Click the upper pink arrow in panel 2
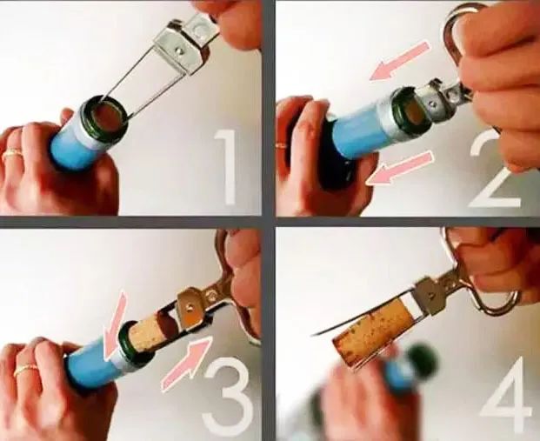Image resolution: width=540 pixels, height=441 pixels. (x=399, y=61)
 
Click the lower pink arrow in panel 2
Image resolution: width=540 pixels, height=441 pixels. (x=399, y=168)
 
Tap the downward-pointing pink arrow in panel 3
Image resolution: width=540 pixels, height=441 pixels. (x=117, y=326)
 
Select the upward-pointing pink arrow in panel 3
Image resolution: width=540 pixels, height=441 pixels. (x=186, y=364)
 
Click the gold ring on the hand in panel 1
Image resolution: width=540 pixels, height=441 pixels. (x=11, y=153)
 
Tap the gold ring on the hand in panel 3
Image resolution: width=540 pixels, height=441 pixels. (x=25, y=370)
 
